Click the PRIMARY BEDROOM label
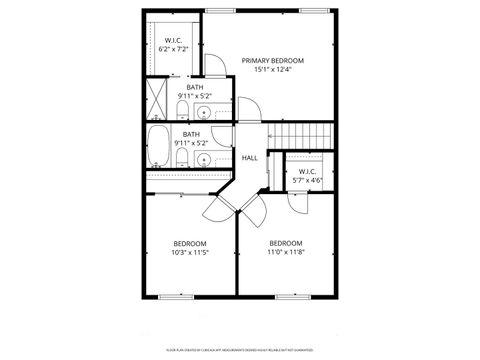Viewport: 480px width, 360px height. [x=272, y=61]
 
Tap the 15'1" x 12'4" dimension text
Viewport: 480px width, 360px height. [x=272, y=70]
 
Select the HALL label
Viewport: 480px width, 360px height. [x=250, y=158]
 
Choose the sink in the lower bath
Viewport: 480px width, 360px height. [x=204, y=159]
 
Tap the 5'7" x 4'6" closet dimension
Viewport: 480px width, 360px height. [x=307, y=181]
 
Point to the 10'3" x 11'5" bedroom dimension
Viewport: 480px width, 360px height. [x=190, y=253]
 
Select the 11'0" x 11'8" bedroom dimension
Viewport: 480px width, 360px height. [x=285, y=253]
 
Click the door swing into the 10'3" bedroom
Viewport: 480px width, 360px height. [x=216, y=208]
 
